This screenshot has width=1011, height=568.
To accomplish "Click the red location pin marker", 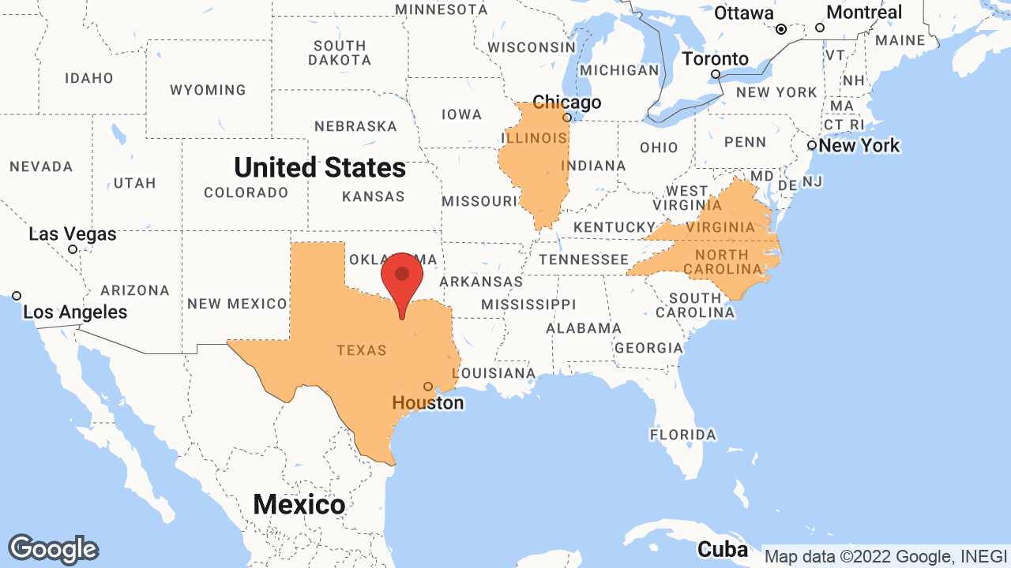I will pyautogui.click(x=402, y=276).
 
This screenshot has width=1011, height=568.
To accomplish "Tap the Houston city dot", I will pyautogui.click(x=428, y=387).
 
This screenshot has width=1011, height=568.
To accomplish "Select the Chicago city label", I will pyautogui.click(x=566, y=103).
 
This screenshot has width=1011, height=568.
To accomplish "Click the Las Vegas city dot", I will pyautogui.click(x=73, y=249).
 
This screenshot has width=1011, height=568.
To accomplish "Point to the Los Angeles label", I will pyautogui.click(x=75, y=312).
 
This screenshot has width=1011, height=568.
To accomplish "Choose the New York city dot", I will pyautogui.click(x=811, y=145).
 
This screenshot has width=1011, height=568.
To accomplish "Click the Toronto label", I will pyautogui.click(x=716, y=59).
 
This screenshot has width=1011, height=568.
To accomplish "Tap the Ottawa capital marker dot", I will pyautogui.click(x=781, y=29).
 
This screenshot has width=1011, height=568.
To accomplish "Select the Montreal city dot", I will pyautogui.click(x=820, y=28).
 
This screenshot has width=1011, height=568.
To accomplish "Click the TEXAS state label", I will pyautogui.click(x=361, y=350).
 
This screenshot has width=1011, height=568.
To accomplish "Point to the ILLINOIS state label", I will pyautogui.click(x=534, y=138).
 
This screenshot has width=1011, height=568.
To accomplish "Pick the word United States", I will pyautogui.click(x=320, y=167).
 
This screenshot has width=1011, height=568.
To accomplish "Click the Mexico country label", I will pyautogui.click(x=299, y=504).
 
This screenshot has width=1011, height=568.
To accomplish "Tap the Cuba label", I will pyautogui.click(x=722, y=549).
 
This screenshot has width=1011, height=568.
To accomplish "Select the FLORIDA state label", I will pyautogui.click(x=683, y=435).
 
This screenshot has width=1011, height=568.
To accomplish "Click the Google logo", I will pyautogui.click(x=54, y=549).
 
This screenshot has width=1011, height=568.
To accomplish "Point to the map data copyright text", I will pyautogui.click(x=885, y=556).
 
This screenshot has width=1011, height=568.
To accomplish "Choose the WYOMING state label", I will pyautogui.click(x=208, y=90).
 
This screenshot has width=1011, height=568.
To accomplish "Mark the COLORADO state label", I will pyautogui.click(x=246, y=192).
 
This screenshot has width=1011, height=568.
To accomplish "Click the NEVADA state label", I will pyautogui.click(x=41, y=167).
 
